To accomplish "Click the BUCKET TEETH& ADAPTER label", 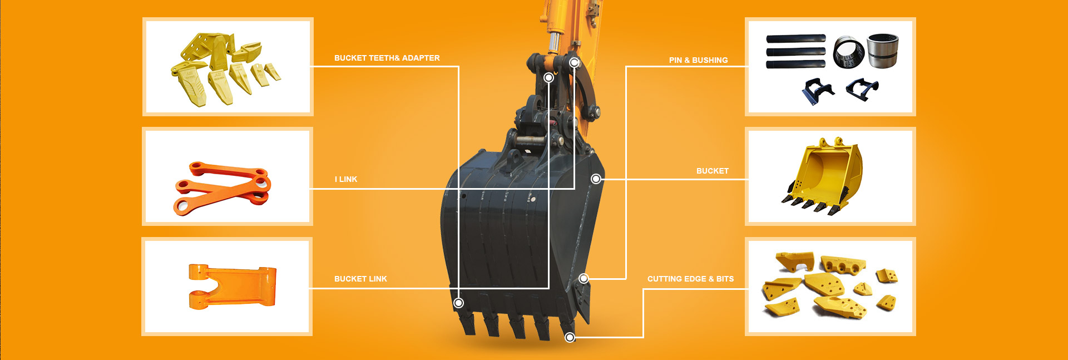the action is tap(387, 58).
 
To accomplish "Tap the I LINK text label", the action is tap(346, 179).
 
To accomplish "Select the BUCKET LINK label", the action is tap(360, 279).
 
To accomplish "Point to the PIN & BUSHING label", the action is tap(698, 60).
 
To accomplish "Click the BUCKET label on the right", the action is tap(712, 171).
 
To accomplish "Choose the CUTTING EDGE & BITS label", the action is tap(690, 279).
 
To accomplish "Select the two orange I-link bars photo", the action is tap(222, 188).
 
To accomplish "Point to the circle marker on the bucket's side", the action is tap(596, 179).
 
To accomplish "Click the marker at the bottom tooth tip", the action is tap(570, 337).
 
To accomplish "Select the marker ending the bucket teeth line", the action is tap(458, 303).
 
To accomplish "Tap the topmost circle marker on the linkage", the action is tap(575, 62).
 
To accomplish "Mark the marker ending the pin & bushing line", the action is tap(584, 278).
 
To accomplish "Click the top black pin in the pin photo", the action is tap(795, 39).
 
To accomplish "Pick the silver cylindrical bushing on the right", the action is tap(883, 51).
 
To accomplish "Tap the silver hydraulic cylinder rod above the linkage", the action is tap(555, 42).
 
